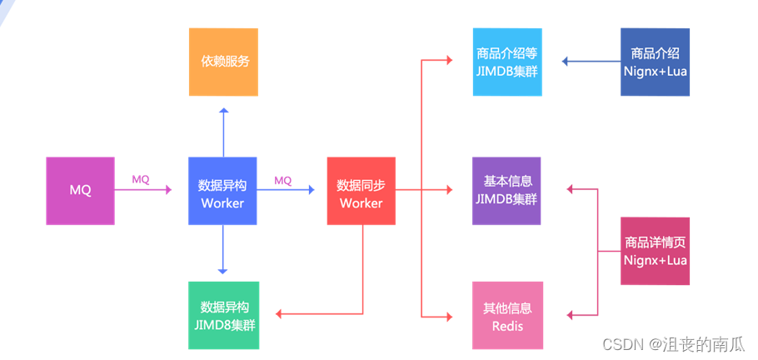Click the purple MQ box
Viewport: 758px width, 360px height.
pyautogui.click(x=80, y=191)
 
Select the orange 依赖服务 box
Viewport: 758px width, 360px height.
pyautogui.click(x=223, y=62)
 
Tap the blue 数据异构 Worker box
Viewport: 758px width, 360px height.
pyautogui.click(x=222, y=191)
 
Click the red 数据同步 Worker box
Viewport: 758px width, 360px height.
pyautogui.click(x=361, y=191)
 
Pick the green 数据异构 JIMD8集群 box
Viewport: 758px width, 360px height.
pyautogui.click(x=222, y=315)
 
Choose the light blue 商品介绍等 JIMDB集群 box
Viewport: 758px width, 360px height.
pyautogui.click(x=506, y=62)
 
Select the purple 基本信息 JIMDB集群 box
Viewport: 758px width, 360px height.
pyautogui.click(x=506, y=191)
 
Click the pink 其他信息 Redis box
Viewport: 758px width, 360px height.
pyautogui.click(x=506, y=315)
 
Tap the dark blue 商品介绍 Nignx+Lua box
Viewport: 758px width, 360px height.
pyautogui.click(x=655, y=62)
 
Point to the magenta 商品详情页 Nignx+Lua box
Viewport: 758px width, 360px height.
pyautogui.click(x=655, y=251)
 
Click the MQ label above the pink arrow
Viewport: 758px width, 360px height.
pyautogui.click(x=141, y=179)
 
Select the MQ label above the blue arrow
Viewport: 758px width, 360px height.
pyautogui.click(x=283, y=179)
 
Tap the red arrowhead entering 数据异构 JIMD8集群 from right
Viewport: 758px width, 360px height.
pyautogui.click(x=280, y=314)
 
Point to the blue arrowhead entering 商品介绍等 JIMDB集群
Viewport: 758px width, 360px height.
pyautogui.click(x=566, y=62)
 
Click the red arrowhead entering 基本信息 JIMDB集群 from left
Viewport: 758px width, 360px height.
pyautogui.click(x=448, y=190)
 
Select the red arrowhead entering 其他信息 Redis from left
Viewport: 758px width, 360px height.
pyautogui.click(x=448, y=315)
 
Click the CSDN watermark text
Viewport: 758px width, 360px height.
pyautogui.click(x=673, y=344)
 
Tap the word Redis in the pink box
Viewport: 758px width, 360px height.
pyautogui.click(x=506, y=325)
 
